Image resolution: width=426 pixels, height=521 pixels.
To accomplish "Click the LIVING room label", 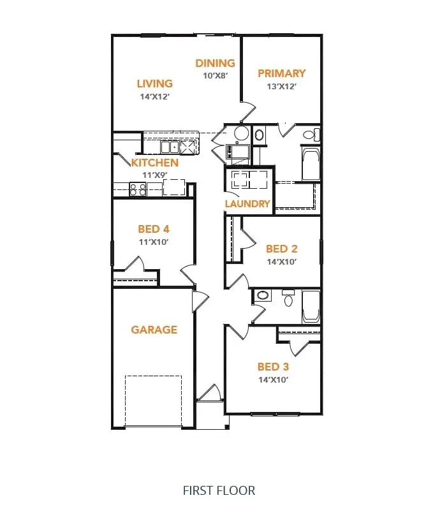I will [x=154, y=84].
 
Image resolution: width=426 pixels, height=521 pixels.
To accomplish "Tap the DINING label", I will [x=215, y=63].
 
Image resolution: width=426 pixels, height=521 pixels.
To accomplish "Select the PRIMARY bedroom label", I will [x=281, y=73].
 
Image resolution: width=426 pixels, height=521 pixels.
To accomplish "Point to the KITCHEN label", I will [x=154, y=163].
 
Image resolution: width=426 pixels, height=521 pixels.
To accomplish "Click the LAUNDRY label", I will [x=247, y=204].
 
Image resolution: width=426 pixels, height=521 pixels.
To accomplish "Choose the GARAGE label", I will [x=154, y=330].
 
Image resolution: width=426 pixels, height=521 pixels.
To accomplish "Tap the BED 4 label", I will [x=154, y=229].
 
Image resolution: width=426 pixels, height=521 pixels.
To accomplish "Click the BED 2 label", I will [x=281, y=249].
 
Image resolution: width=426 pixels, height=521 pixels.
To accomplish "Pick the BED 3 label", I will [x=273, y=367].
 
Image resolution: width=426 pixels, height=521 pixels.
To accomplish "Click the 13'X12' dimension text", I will [x=281, y=85].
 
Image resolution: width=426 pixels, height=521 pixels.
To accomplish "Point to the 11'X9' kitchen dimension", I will [x=154, y=174].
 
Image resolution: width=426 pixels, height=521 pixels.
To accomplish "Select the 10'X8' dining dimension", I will [x=215, y=75].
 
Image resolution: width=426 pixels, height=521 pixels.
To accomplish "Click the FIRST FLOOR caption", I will [x=219, y=490].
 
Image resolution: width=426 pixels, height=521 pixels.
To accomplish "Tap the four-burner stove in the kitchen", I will [x=138, y=188].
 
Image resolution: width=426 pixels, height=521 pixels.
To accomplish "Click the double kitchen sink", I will [x=170, y=147].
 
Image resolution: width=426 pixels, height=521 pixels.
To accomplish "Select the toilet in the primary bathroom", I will [x=311, y=135].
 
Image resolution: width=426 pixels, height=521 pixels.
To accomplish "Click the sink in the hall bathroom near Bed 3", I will [x=262, y=296].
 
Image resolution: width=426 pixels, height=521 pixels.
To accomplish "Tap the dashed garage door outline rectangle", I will [x=153, y=400].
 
